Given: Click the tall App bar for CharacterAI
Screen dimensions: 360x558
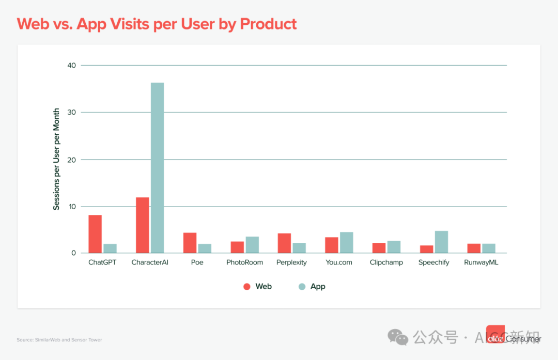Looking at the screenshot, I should click(157, 168).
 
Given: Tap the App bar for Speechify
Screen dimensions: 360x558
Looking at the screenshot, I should click(441, 242).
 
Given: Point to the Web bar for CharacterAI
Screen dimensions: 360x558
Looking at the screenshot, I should click(143, 225).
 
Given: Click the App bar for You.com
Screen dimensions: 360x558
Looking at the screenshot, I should click(346, 243).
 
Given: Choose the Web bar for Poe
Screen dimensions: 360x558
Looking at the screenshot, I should click(190, 243).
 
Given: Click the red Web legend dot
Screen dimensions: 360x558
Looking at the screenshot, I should click(247, 287).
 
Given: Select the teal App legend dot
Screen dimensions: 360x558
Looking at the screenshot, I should click(302, 287).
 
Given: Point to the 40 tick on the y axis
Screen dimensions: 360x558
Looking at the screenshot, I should click(71, 66).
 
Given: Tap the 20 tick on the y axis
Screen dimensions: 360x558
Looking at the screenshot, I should click(71, 160).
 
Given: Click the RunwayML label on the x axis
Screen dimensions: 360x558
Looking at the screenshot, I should click(481, 262).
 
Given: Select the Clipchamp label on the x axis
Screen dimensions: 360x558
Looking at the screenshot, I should click(386, 262).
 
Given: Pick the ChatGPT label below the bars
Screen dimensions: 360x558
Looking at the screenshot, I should click(102, 262).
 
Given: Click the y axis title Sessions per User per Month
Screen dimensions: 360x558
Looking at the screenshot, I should click(56, 159).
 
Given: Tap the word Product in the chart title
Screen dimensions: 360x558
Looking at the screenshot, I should click(269, 24).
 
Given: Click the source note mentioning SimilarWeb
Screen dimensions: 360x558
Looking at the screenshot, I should click(59, 340).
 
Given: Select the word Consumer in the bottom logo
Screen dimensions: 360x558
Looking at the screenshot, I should click(523, 339).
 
